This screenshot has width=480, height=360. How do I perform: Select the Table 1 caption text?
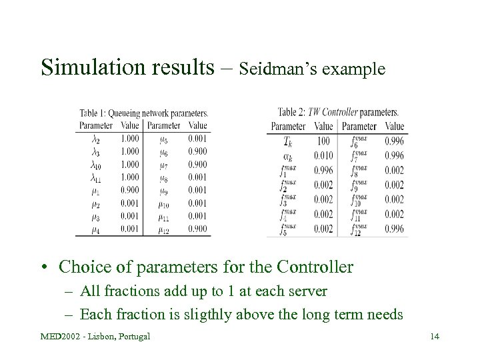[144, 113]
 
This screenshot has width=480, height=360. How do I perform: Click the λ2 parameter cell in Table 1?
[96, 139]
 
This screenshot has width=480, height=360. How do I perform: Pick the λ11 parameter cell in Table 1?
[96, 177]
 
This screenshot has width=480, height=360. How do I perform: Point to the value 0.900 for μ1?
[131, 189]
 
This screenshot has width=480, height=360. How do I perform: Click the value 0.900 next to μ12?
[197, 229]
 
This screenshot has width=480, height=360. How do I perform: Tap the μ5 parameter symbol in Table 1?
[164, 139]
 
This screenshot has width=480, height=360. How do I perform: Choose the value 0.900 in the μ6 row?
[197, 151]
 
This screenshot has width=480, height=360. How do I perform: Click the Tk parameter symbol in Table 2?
[289, 141]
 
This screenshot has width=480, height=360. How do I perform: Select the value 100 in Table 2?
[324, 141]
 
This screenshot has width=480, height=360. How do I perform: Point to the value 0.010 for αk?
[323, 155]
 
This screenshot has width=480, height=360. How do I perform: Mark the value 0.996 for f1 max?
[323, 170]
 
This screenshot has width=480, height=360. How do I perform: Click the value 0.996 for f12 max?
[394, 229]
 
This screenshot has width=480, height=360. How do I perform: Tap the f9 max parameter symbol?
[359, 185]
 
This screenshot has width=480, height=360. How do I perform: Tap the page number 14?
[434, 335]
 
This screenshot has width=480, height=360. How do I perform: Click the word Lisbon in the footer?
[98, 335]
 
